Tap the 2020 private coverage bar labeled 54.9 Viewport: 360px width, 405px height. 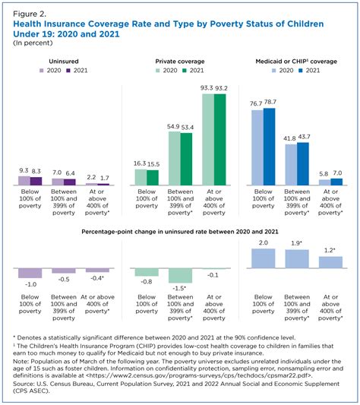[x=175, y=158]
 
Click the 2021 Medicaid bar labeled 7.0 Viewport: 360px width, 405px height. [x=336, y=182]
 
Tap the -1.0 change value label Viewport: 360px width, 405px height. [x=31, y=285]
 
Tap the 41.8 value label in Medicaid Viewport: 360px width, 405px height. [x=289, y=138]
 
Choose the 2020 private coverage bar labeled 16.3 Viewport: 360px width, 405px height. [x=141, y=178]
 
